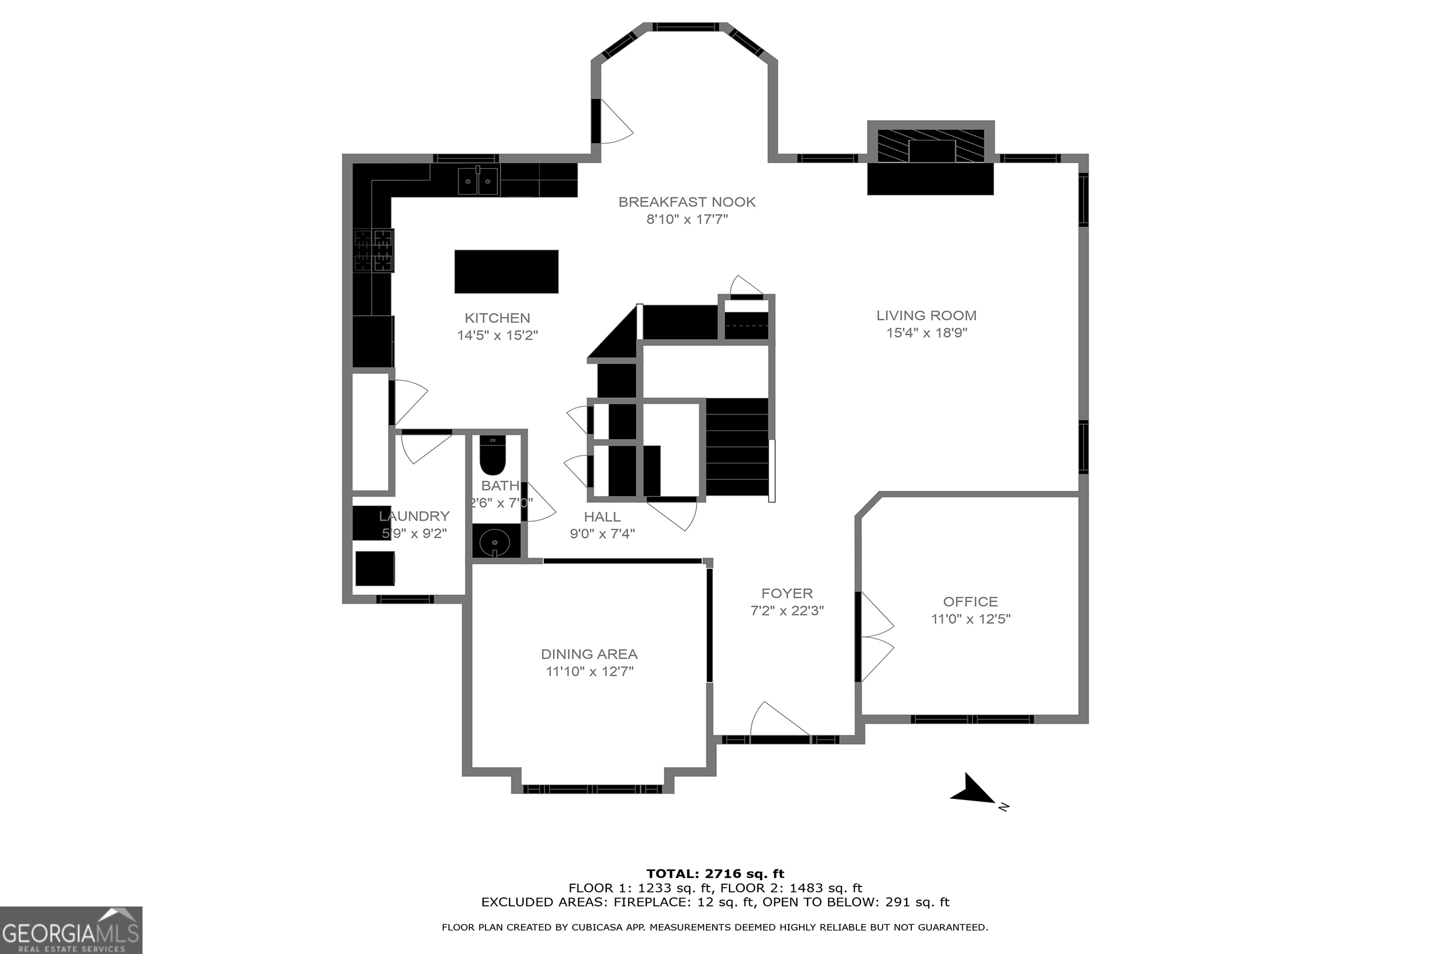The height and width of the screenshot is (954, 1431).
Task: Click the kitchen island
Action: coord(505,271)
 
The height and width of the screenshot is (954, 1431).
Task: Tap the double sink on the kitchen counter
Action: coord(477,181)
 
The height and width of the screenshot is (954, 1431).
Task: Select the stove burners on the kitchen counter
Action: coord(374,250)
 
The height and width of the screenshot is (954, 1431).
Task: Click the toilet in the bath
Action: coord(492,456)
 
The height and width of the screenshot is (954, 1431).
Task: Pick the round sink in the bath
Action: coord(494,541)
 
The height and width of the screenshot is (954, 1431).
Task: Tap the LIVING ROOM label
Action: coord(926,315)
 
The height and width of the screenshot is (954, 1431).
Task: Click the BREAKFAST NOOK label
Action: coord(686,202)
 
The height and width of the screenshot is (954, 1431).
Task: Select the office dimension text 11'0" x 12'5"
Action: coord(970,619)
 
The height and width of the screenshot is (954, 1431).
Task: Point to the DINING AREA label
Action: coord(589,654)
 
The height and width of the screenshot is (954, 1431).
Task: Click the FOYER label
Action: coord(786,593)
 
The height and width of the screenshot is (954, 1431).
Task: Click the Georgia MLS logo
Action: coord(70,929)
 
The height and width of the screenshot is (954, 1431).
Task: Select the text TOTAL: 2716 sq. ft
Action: coord(715,874)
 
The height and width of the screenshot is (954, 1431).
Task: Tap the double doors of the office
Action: coord(876,636)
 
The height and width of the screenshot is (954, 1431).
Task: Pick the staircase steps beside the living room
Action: coord(737,447)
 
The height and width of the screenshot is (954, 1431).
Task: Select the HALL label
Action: coord(602,517)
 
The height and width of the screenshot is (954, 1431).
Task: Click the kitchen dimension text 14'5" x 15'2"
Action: coord(497,335)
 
